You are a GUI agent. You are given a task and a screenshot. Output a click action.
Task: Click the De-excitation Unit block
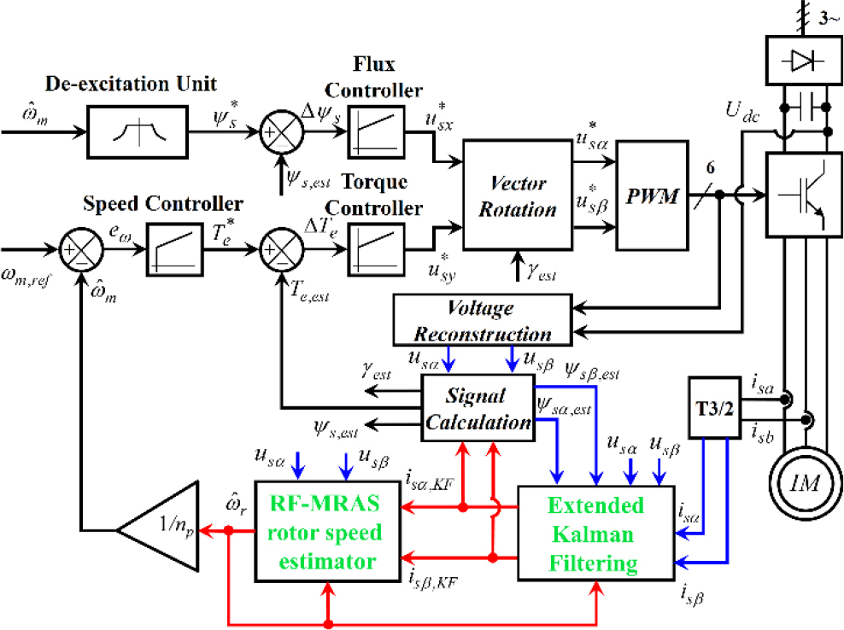[136, 133]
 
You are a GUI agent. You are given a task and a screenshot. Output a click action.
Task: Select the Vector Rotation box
[517, 195]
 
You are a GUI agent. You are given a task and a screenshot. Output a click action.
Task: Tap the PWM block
[651, 195]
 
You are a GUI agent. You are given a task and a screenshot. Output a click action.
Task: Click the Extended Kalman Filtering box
[595, 534]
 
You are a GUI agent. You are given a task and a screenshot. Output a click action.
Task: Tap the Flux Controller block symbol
[373, 133]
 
